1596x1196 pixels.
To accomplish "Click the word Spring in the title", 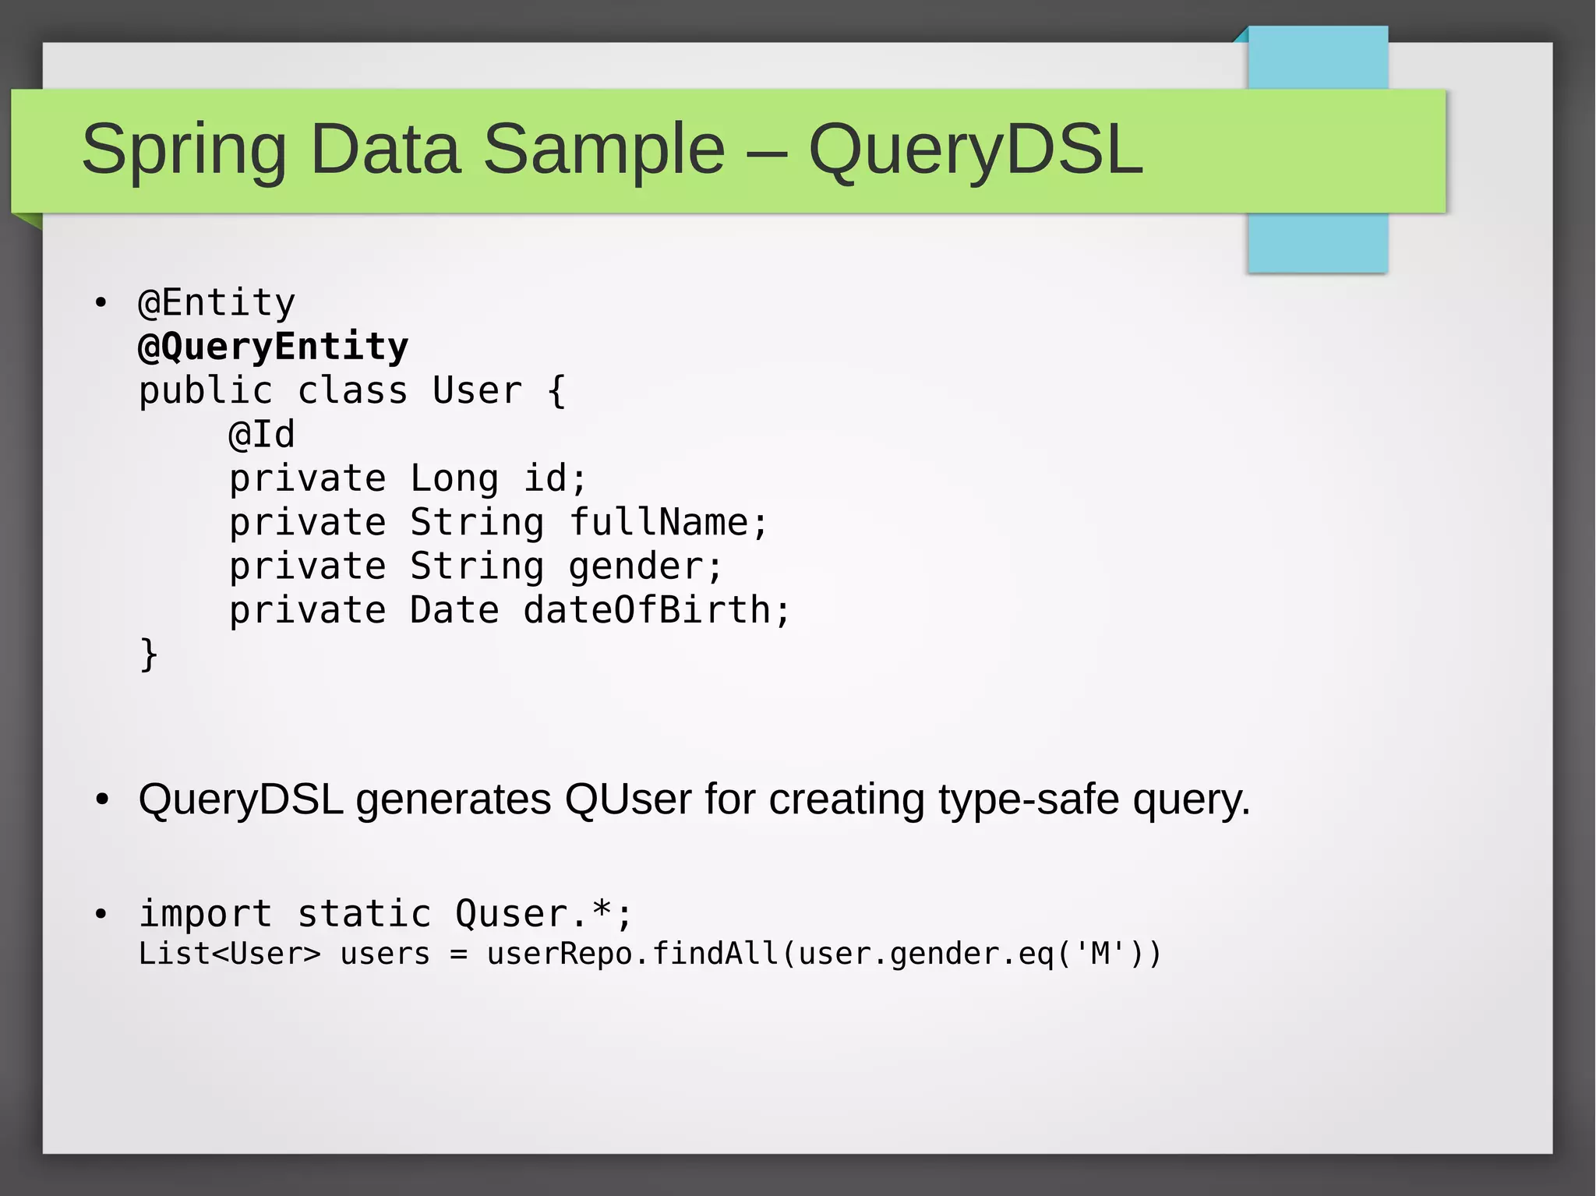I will click(x=184, y=150).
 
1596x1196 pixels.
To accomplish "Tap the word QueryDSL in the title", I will click(x=975, y=150).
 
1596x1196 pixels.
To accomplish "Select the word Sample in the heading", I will click(x=604, y=150).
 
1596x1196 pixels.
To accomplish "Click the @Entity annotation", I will click(x=217, y=302).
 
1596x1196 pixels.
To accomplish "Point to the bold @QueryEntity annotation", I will click(x=273, y=347).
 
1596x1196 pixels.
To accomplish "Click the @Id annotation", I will click(x=262, y=434).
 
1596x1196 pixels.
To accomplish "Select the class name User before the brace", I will click(x=477, y=390).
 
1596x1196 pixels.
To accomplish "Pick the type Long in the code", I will click(x=454, y=478).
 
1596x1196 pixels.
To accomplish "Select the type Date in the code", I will click(x=454, y=610).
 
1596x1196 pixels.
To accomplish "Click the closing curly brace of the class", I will click(x=148, y=654).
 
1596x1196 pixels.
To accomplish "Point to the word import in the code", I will click(x=206, y=913).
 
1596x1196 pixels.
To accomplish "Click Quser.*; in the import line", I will click(x=543, y=913).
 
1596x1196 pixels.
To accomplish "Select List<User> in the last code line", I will click(x=229, y=954).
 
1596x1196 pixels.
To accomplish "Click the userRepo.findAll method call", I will click(x=632, y=954).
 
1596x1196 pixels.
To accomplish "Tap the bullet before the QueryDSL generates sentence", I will click(x=101, y=799).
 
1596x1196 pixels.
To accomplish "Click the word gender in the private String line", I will click(x=644, y=566).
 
